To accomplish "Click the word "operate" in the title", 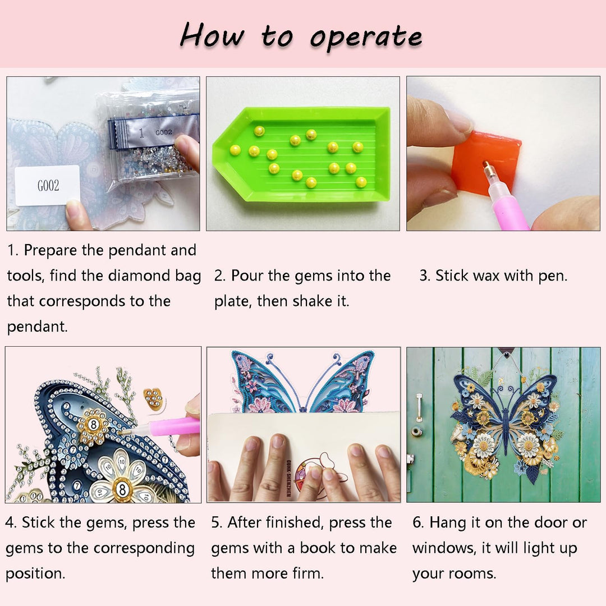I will [366, 38].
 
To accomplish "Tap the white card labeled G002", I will [47, 185].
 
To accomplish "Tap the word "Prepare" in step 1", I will [50, 250].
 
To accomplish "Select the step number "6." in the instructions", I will [419, 523].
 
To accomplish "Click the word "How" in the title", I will [212, 36].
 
